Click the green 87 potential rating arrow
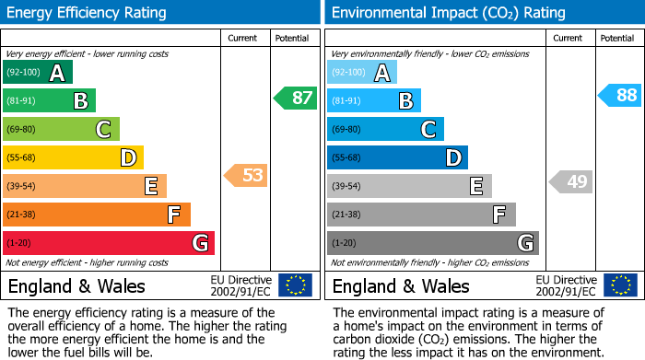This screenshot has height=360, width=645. tap(296, 99)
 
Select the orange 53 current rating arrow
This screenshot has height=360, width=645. tap(246, 175)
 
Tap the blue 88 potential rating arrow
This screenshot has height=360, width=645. tap(620, 96)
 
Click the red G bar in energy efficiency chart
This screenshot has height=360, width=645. tap(109, 243)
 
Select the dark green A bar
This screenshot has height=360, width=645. tap(38, 73)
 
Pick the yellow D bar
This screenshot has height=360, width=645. tap(73, 157)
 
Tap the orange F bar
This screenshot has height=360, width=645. tap(97, 215)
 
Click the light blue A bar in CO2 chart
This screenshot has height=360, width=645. tap(362, 73)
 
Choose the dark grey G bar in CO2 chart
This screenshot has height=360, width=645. tap(432, 243)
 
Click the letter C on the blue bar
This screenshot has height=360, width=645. tap(428, 130)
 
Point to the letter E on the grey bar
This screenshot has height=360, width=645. tap(475, 186)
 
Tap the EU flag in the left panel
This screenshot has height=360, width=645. tap(295, 285)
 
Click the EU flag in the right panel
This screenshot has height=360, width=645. tap(619, 285)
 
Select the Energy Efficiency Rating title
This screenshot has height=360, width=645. tap(88, 13)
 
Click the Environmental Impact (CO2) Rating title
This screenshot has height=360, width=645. tap(448, 13)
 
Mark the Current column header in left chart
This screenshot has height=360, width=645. tap(242, 38)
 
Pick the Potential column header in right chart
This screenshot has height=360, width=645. tap(616, 38)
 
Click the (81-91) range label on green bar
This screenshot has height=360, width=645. tap(21, 101)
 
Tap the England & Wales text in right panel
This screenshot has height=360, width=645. tap(401, 286)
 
